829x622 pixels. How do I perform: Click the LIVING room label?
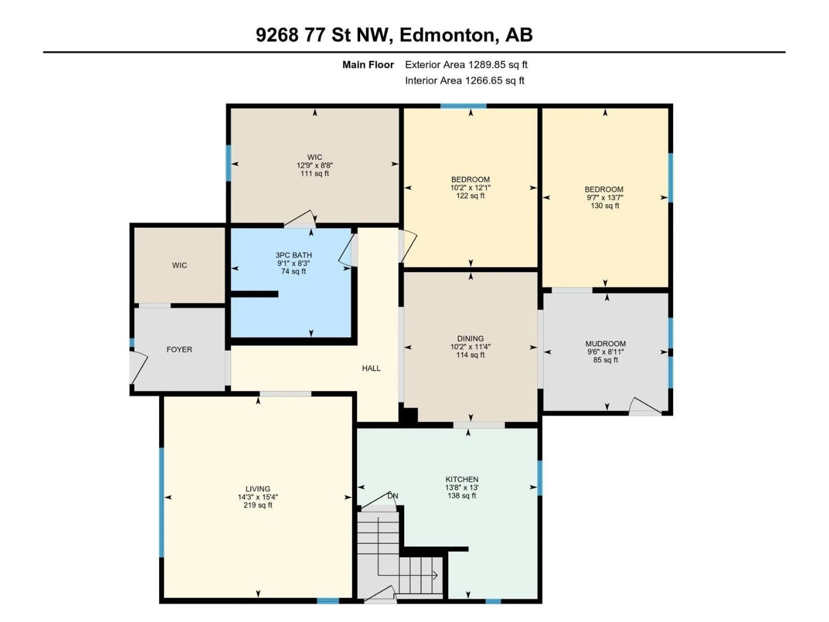pyautogui.click(x=258, y=489)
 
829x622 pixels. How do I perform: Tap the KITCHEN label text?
pyautogui.click(x=462, y=479)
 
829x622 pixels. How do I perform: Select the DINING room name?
pyautogui.click(x=470, y=339)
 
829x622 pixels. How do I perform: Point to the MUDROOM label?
pyautogui.click(x=606, y=344)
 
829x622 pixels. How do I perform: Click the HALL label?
pyautogui.click(x=371, y=368)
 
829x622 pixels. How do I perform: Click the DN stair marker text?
pyautogui.click(x=392, y=496)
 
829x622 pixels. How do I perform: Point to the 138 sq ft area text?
pyautogui.click(x=462, y=496)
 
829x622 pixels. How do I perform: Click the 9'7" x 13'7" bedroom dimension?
pyautogui.click(x=605, y=198)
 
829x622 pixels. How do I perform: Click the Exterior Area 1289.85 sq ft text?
pyautogui.click(x=466, y=65)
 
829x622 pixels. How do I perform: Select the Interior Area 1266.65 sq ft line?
pyautogui.click(x=465, y=81)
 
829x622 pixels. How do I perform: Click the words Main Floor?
pyautogui.click(x=368, y=65)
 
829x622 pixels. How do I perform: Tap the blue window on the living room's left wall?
pyautogui.click(x=161, y=502)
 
